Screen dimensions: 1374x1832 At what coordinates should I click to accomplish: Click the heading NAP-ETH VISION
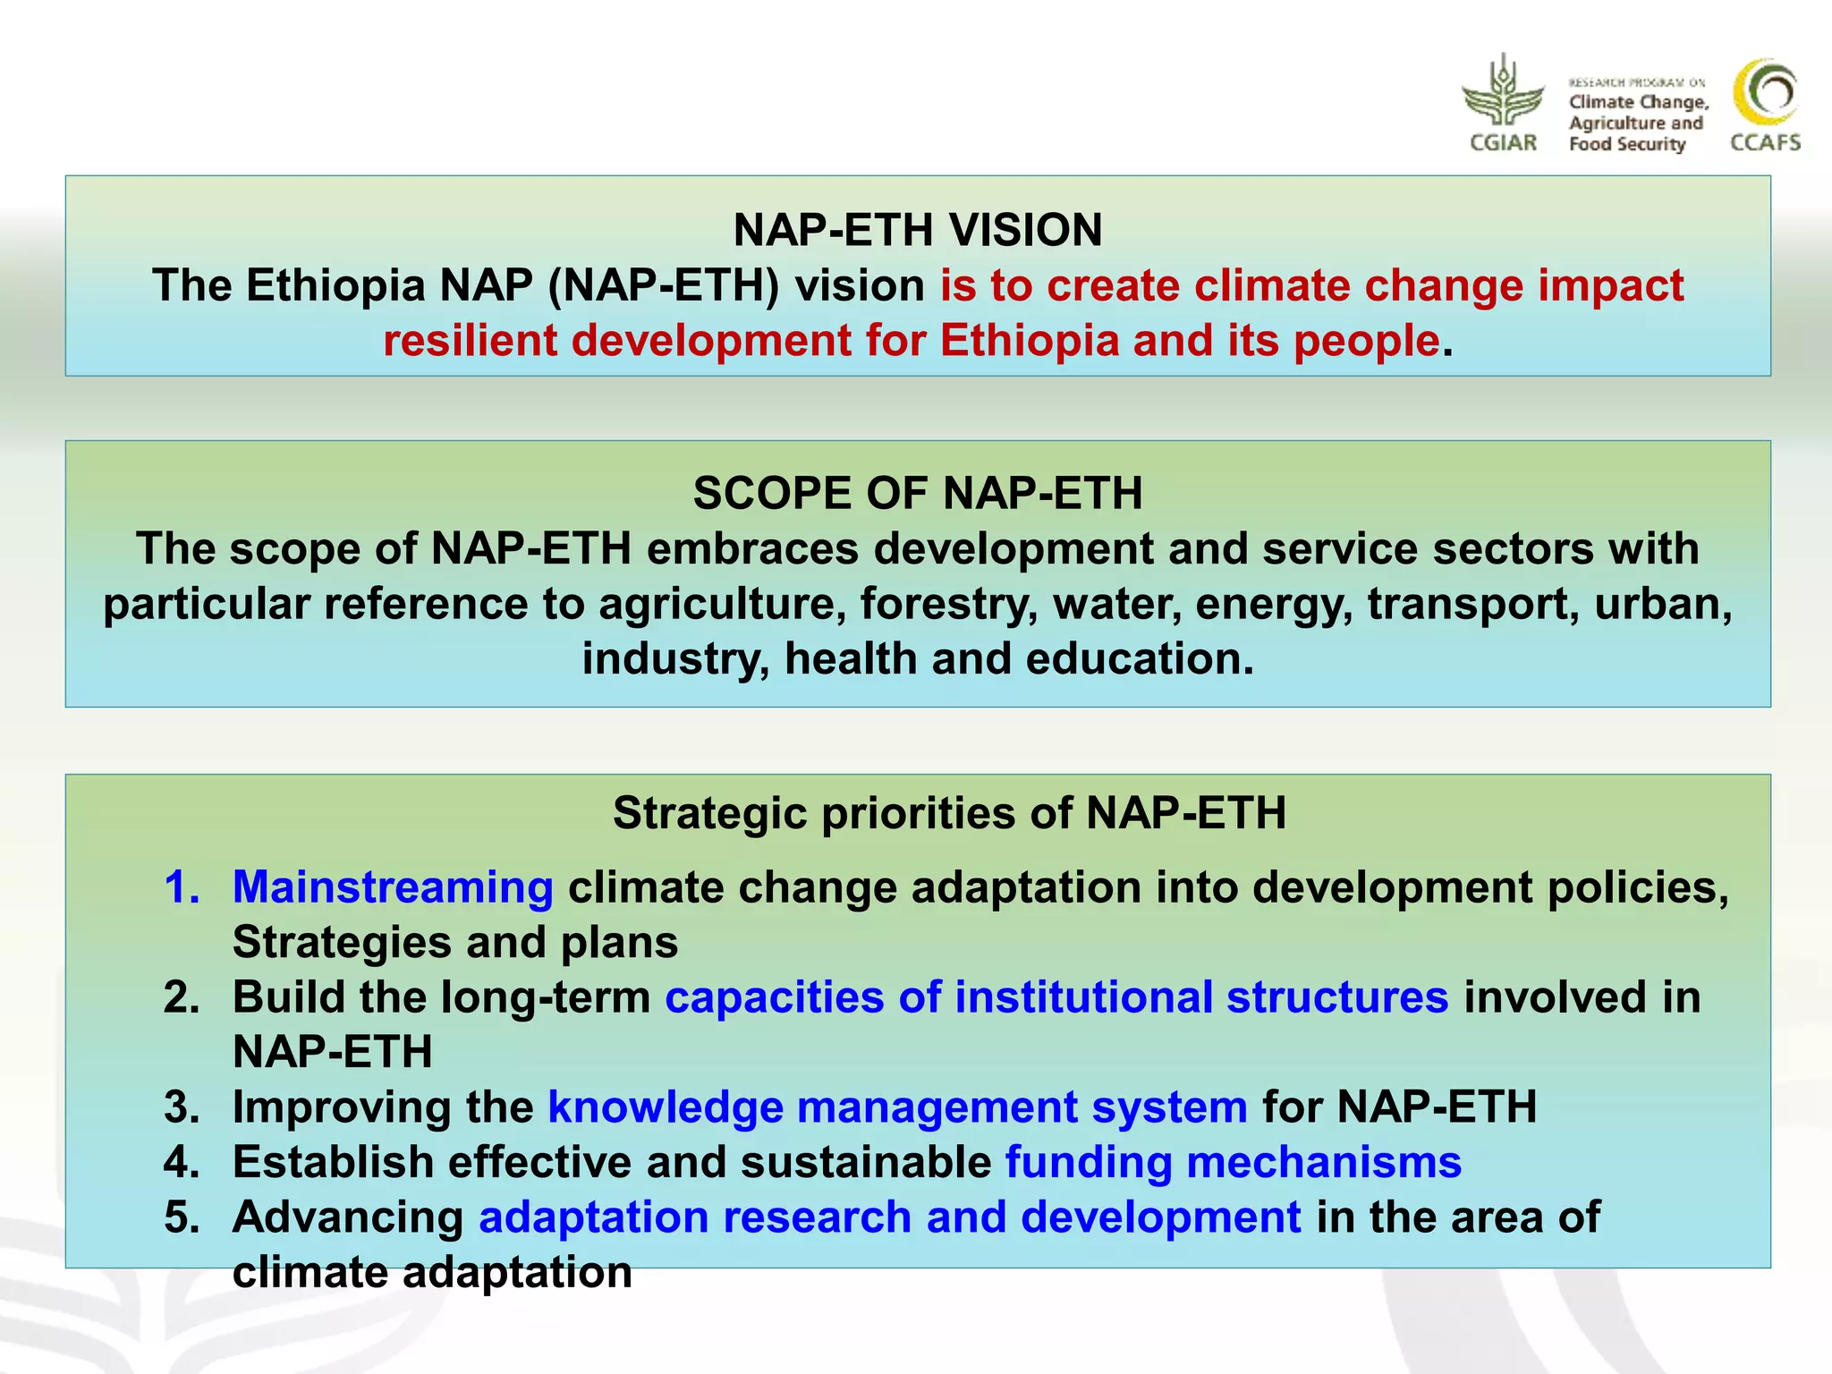(x=918, y=230)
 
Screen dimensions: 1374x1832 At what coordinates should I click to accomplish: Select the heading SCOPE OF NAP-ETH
(x=918, y=493)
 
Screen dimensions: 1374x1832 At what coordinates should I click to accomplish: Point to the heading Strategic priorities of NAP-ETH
(x=949, y=813)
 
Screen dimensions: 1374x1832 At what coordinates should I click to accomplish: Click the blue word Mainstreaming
(x=393, y=887)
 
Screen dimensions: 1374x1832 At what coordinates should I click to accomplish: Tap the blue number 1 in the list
(x=182, y=887)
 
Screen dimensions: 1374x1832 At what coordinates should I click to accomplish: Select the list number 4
(x=182, y=1162)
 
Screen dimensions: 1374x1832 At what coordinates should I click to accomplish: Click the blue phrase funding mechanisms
(x=1234, y=1162)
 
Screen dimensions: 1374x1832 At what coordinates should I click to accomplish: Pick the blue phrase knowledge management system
(x=897, y=1107)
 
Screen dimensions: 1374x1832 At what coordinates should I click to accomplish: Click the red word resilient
(x=470, y=341)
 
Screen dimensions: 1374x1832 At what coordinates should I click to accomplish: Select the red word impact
(x=1611, y=286)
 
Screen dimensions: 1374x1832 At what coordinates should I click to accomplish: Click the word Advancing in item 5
(x=348, y=1217)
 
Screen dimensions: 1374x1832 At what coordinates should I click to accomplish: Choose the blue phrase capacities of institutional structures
(x=1056, y=997)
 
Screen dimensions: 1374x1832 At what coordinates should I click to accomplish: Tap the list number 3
(x=182, y=1107)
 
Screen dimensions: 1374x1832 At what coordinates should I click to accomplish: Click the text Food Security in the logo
(x=1627, y=144)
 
